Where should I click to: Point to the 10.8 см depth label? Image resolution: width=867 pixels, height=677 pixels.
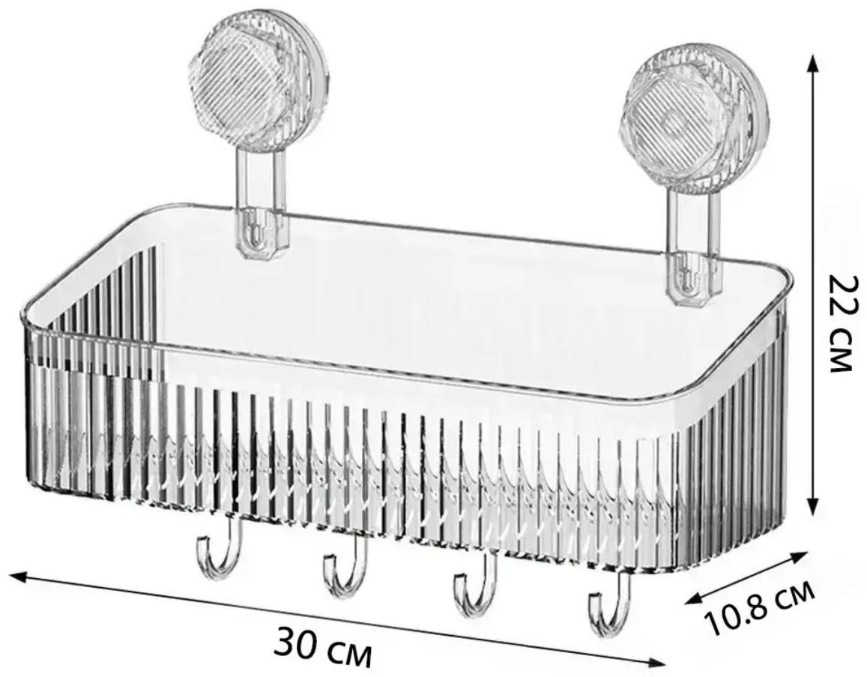tap(761, 607)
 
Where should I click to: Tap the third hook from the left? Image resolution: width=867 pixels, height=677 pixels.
tap(474, 583)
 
